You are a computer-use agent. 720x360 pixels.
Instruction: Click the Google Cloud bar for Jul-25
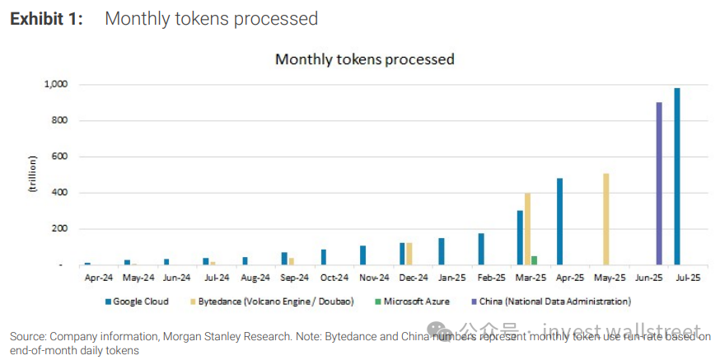[677, 176]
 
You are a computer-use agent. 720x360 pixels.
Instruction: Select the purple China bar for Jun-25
[659, 184]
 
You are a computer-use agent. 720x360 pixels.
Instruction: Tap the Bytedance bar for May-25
[606, 219]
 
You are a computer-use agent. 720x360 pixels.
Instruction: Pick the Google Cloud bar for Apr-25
[559, 222]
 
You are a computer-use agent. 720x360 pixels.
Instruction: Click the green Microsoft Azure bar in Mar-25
[534, 260]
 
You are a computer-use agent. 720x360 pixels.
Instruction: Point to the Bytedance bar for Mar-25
[527, 229]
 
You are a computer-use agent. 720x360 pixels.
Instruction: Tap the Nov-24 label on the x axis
[374, 278]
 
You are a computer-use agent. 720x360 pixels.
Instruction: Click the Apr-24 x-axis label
[99, 278]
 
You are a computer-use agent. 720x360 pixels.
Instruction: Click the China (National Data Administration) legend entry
[555, 302]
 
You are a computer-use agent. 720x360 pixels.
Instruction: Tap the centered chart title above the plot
[364, 59]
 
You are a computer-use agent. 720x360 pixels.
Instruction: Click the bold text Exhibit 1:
[47, 18]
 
